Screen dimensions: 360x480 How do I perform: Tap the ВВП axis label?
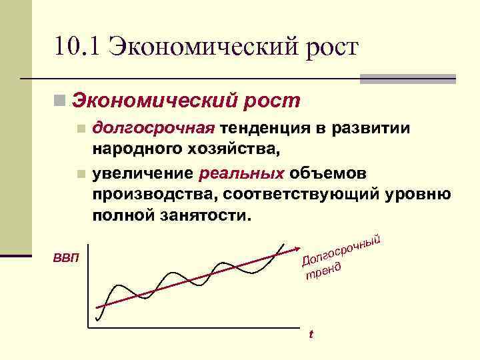65,257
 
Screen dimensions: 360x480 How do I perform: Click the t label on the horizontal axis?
309,334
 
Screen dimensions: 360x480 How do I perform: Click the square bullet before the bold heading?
61,101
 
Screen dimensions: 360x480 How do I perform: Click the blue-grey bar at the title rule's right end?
407,79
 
